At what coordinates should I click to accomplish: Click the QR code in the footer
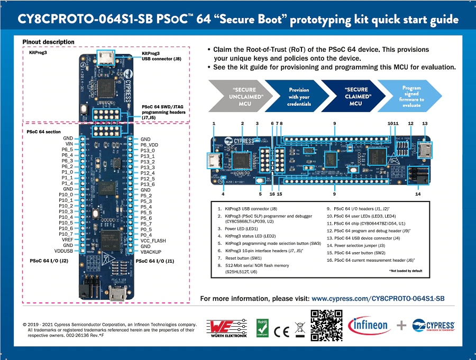click(326, 325)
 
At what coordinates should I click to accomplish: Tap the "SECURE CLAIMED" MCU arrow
click(355, 96)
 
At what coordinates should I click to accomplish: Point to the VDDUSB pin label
click(63, 251)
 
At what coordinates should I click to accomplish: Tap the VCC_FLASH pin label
click(153, 241)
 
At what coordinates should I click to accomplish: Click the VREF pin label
click(67, 239)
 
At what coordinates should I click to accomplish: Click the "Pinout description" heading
click(48, 42)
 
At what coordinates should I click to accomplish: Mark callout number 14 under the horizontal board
click(418, 194)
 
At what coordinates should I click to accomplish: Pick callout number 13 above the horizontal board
click(425, 123)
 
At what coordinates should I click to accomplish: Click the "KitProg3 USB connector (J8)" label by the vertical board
click(162, 56)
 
